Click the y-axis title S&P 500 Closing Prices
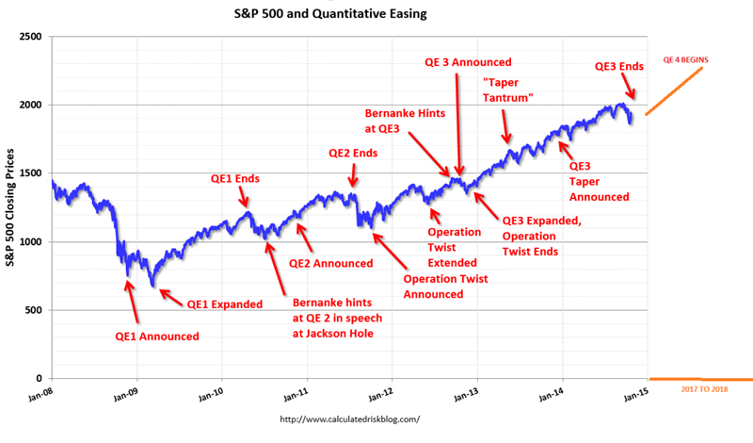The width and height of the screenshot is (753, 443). [12, 207]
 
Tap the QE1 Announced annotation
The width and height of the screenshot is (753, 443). [158, 336]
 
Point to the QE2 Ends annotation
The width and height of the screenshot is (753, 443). [353, 153]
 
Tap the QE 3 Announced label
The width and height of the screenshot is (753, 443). [469, 62]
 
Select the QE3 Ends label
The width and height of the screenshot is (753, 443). [619, 67]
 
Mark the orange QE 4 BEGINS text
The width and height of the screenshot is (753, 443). [686, 58]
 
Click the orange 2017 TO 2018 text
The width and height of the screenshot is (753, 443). [703, 387]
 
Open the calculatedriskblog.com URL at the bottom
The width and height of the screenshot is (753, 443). [350, 418]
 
